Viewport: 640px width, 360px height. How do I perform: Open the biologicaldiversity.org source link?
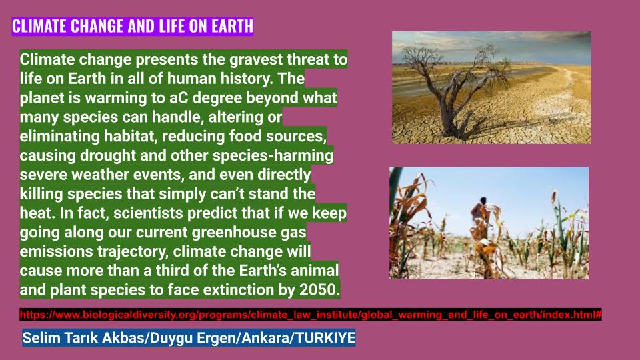point(311,314)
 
